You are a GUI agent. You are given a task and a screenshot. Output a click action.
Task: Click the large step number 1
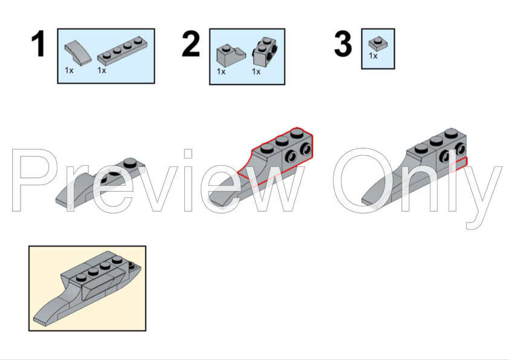point(38,45)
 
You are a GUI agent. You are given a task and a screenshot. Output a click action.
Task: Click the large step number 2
point(190,45)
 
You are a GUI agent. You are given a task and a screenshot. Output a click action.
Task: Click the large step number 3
point(343,45)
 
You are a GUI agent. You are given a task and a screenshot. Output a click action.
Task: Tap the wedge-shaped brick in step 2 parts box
point(229,56)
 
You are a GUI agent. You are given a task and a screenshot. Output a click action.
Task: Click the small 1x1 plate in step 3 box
point(378,44)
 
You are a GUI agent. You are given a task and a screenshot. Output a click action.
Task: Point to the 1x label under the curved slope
point(70,70)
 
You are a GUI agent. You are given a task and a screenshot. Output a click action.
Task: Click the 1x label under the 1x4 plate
point(102,70)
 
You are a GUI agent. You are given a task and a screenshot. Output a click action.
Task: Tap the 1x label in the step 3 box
point(373,56)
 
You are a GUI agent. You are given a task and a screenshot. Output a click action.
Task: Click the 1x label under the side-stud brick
point(256,71)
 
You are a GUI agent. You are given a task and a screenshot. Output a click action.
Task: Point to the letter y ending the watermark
point(484,188)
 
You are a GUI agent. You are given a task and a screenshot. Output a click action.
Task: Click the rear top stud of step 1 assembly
point(129,162)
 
